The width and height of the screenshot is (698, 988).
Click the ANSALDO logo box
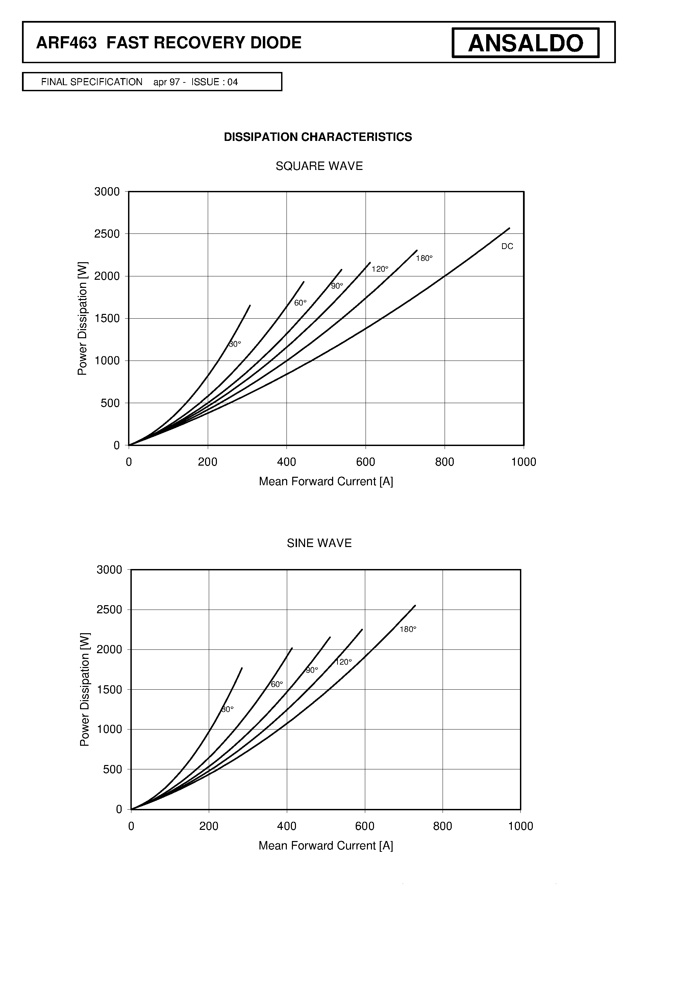click(525, 43)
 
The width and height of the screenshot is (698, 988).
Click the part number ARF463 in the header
click(67, 43)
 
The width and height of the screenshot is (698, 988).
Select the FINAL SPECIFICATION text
click(92, 82)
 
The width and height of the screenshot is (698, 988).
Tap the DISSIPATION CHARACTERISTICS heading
click(318, 137)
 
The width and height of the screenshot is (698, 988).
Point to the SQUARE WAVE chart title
click(319, 166)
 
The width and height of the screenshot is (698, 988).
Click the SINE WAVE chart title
click(319, 543)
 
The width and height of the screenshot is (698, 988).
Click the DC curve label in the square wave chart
click(507, 246)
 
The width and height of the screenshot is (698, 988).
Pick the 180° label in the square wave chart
click(424, 258)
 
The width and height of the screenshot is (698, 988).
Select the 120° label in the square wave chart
click(380, 269)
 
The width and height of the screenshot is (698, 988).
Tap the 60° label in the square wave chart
click(300, 303)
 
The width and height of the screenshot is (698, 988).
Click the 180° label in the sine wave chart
click(408, 629)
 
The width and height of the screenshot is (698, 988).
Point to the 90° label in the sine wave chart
click(312, 670)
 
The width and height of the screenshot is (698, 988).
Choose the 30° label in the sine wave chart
click(228, 709)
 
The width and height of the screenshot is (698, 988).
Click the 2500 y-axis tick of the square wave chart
click(107, 234)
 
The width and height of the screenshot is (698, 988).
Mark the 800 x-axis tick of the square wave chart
click(445, 462)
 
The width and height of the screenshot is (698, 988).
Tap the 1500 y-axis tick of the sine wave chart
click(109, 689)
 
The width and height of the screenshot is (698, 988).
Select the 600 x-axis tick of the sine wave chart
click(365, 826)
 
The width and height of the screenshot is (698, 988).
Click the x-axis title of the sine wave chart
click(326, 845)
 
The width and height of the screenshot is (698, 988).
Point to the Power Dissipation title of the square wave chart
click(82, 318)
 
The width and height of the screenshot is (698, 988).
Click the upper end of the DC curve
click(509, 228)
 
